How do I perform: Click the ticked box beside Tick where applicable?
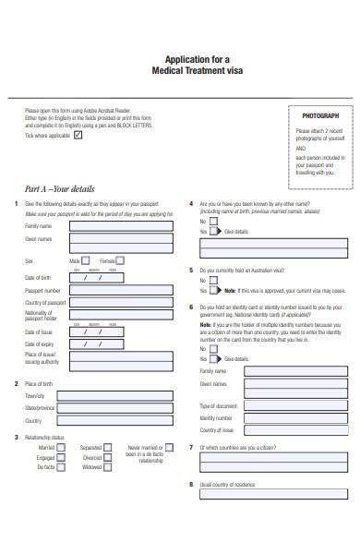click(x=78, y=135)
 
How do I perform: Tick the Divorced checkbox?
click(x=108, y=457)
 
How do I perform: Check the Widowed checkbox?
click(x=108, y=467)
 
